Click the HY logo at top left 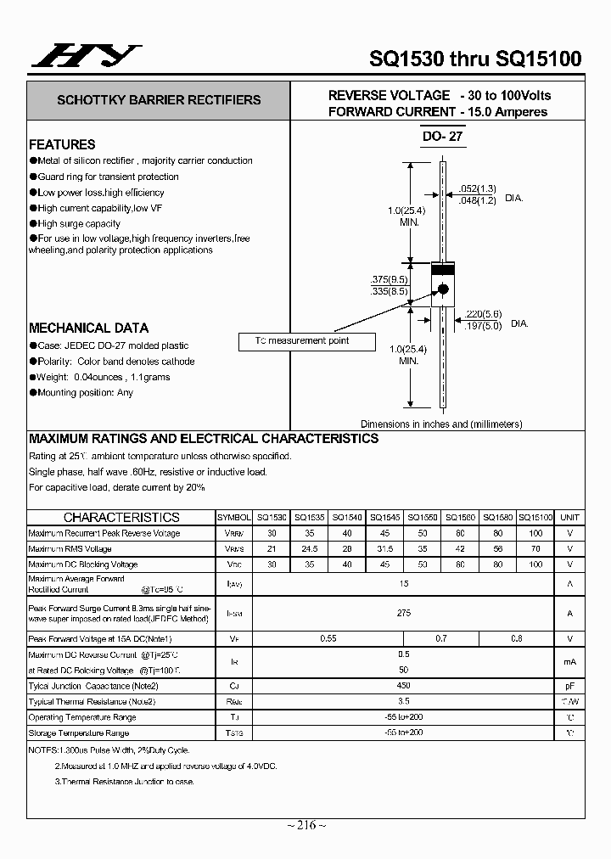(x=86, y=56)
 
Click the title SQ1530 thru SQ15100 (x=475, y=58)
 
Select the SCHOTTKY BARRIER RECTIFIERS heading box (x=159, y=100)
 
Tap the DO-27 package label (x=442, y=136)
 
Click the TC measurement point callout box (x=303, y=341)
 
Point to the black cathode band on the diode (x=442, y=269)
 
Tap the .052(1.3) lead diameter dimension (x=477, y=188)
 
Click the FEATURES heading (x=62, y=144)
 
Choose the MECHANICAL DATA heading (x=88, y=328)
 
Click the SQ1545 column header (x=385, y=517)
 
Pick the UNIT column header (x=569, y=517)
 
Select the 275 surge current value (x=404, y=613)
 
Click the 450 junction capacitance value (x=404, y=686)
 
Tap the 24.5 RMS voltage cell (x=310, y=548)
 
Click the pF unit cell (x=569, y=686)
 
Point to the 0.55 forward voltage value (x=328, y=638)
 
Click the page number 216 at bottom (x=305, y=826)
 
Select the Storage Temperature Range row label (x=79, y=733)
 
